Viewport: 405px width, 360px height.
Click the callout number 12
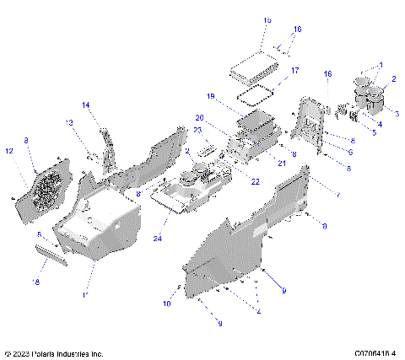point(9,151)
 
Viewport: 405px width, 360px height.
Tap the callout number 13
point(70,122)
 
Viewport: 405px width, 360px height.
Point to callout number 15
point(267,19)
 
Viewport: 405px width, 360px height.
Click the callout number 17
point(294,71)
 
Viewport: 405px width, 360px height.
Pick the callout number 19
point(213,96)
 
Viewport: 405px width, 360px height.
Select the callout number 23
point(196,130)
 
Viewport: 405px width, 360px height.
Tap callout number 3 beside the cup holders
point(397,113)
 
